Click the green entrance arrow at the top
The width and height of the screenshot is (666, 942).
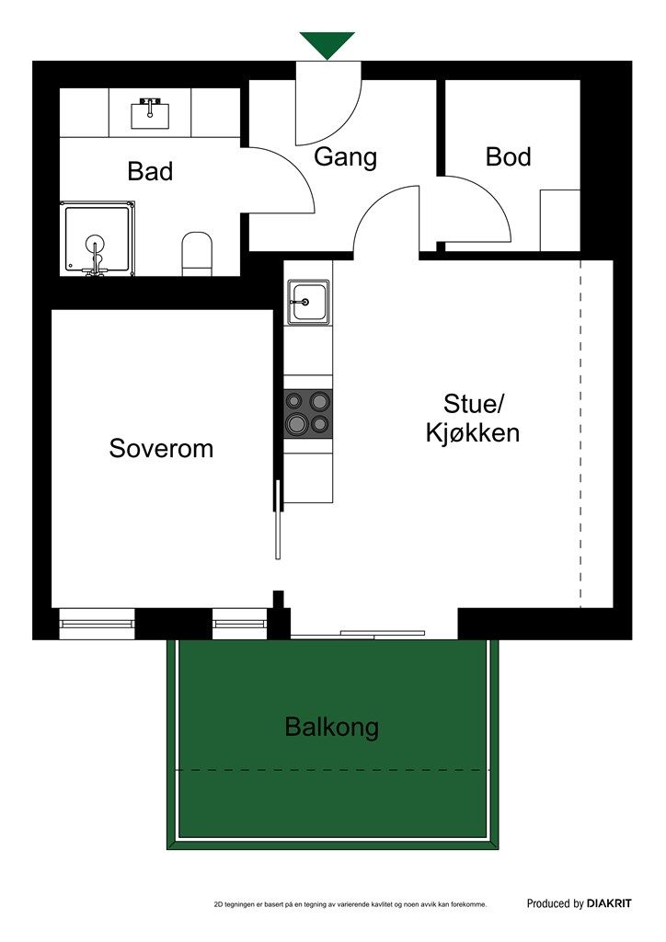tap(327, 44)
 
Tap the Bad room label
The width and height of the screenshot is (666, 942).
tap(150, 171)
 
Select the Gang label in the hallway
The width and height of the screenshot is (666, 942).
tap(345, 157)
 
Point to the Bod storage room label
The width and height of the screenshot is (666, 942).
tap(508, 157)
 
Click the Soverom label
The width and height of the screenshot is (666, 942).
tap(161, 449)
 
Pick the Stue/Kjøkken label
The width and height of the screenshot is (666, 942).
tap(473, 419)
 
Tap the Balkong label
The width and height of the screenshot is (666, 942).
tap(331, 728)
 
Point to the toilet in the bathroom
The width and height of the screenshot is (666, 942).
tap(197, 253)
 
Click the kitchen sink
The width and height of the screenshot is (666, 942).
tap(308, 302)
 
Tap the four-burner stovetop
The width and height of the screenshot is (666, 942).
tap(308, 412)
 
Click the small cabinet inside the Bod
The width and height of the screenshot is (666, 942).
tap(559, 220)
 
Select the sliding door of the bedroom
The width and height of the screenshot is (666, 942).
tap(277, 520)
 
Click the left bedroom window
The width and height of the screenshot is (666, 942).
tap(97, 625)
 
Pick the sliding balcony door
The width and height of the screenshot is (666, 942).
tap(382, 633)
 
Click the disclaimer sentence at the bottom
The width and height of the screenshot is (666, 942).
tap(350, 905)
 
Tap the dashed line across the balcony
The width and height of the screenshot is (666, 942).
tap(331, 770)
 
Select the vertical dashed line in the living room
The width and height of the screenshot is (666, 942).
tap(580, 432)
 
